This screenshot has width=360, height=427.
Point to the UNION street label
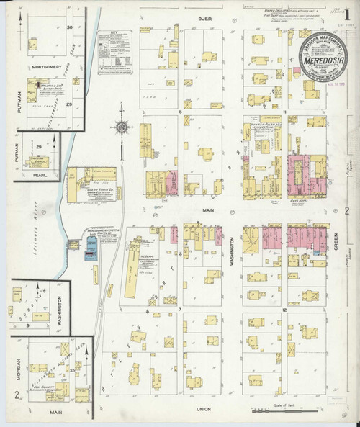[202, 408]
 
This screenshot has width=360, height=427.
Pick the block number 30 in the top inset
[70, 27]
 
